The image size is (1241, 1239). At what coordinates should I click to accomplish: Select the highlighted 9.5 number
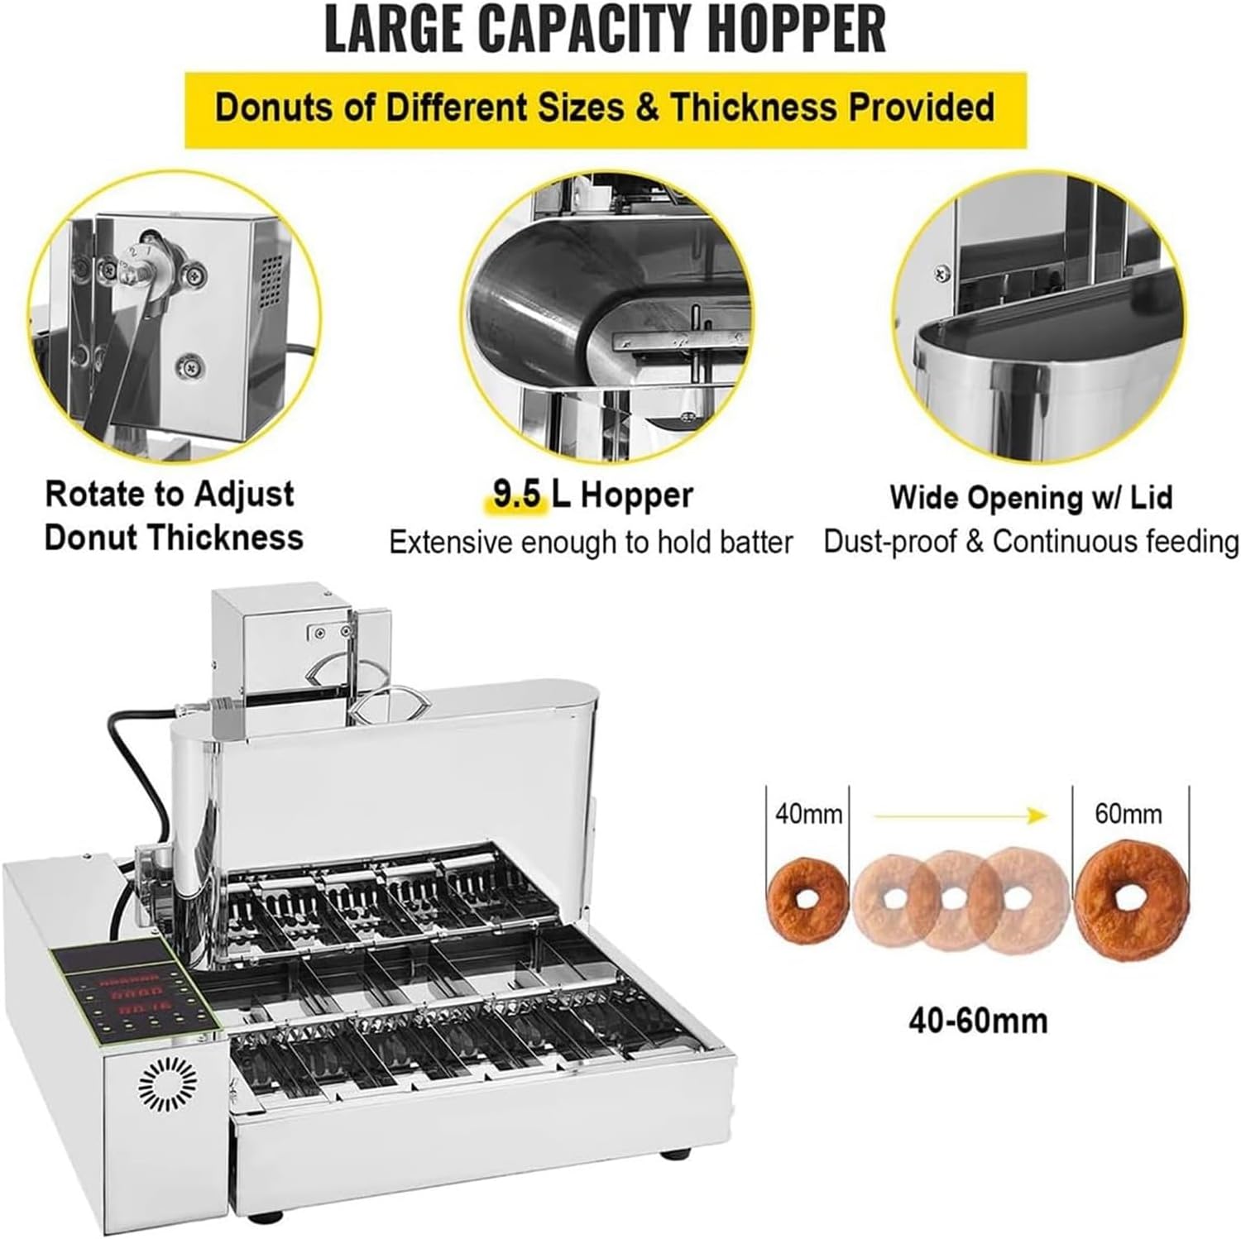tap(516, 495)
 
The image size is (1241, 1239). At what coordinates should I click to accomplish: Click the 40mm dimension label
tap(808, 814)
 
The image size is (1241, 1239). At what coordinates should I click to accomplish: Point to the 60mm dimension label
tap(1128, 814)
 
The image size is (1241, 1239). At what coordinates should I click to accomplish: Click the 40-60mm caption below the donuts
tap(978, 1021)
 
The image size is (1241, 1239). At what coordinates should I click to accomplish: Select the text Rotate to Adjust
tap(169, 494)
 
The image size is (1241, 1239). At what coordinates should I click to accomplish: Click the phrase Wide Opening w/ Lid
tap(1031, 497)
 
